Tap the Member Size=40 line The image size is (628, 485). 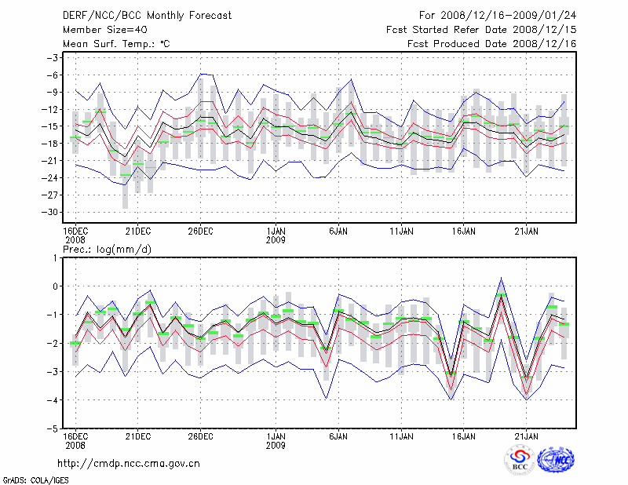[99, 30]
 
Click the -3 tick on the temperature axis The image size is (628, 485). [52, 58]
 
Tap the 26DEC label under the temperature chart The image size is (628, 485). [200, 231]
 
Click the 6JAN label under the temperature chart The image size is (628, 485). [338, 231]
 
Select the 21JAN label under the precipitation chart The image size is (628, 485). [526, 436]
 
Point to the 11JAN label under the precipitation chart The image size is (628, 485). [401, 436]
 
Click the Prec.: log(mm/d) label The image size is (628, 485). [105, 249]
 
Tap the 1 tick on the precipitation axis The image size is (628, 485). [55, 257]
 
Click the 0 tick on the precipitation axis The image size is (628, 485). [55, 286]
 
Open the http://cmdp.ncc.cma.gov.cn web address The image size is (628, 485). [130, 463]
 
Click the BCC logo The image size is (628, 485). [520, 460]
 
